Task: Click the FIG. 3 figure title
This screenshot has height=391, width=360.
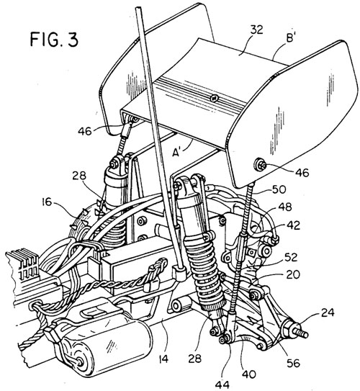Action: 54,40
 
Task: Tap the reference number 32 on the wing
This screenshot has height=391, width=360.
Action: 257,30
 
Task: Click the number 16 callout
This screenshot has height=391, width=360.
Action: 47,202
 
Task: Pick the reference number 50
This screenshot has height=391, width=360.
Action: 279,190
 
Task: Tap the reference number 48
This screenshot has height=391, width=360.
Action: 285,207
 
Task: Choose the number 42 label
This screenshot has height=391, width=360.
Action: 293,225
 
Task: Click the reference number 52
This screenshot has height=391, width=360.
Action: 291,257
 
